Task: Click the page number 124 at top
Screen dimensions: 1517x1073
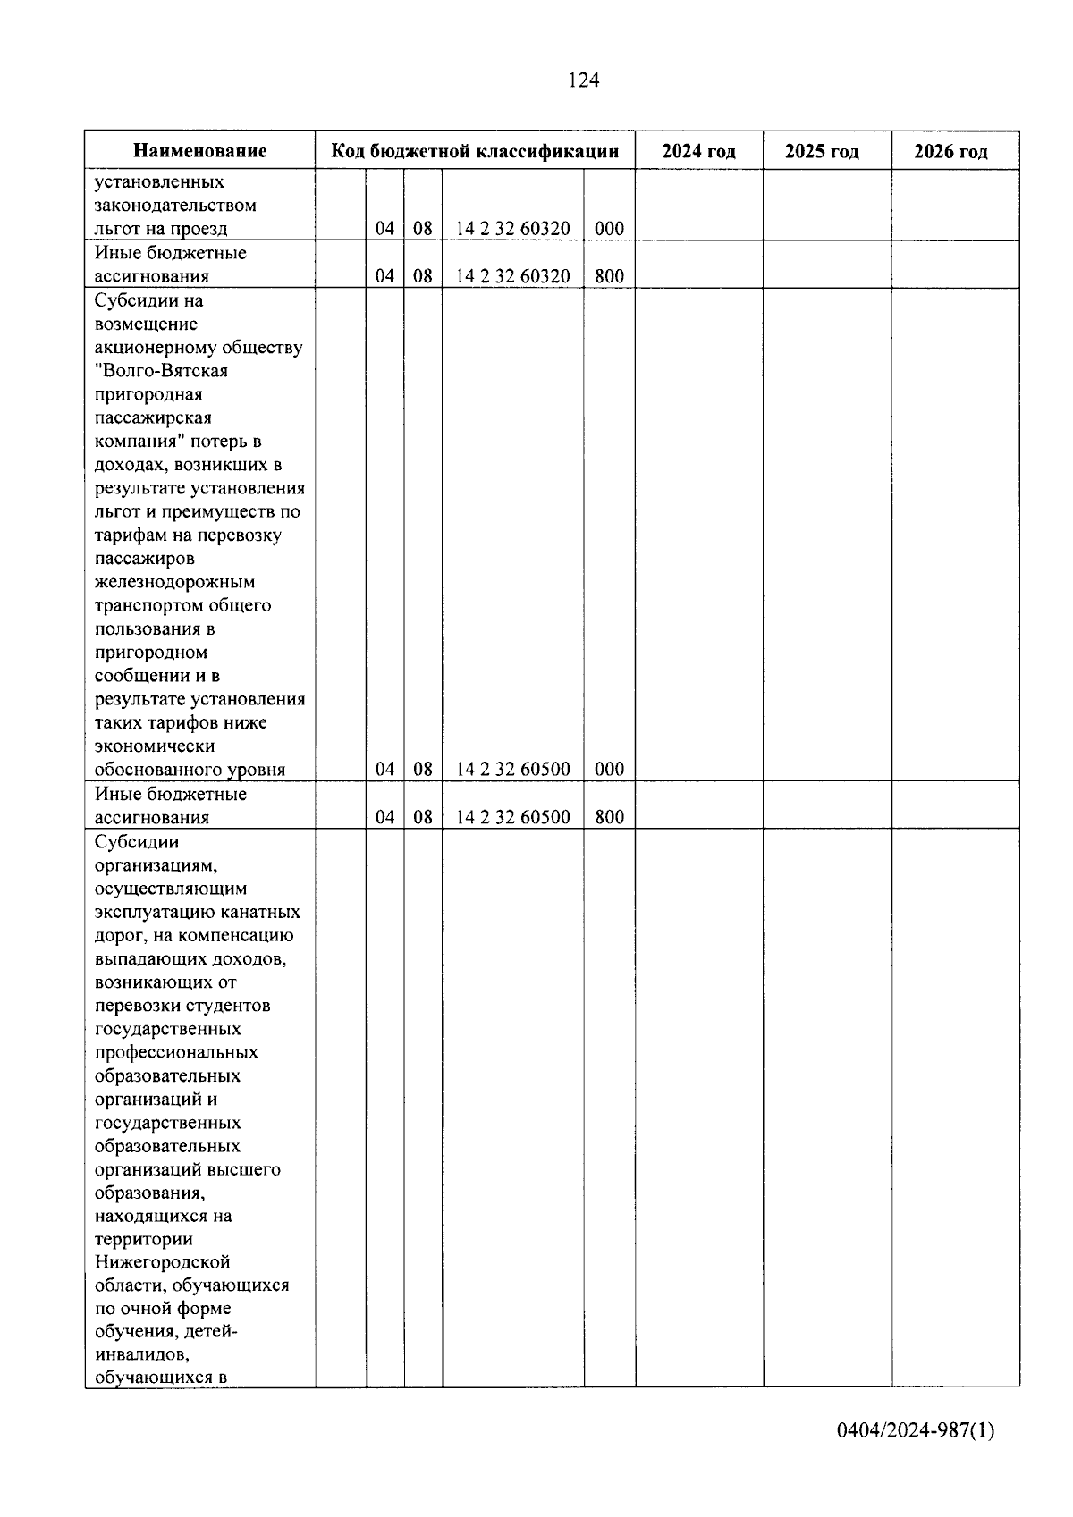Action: (583, 80)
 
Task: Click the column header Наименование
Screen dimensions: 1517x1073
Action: (200, 151)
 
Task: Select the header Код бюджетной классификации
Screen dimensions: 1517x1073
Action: (475, 151)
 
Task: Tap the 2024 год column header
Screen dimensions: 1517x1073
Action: (698, 151)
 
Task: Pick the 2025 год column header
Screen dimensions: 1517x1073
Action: (822, 151)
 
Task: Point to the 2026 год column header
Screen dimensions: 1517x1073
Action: (950, 151)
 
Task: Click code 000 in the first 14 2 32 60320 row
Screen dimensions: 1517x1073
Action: (609, 229)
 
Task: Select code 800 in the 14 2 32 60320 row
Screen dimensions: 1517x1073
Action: (609, 276)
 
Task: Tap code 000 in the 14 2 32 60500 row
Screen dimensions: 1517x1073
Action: (609, 770)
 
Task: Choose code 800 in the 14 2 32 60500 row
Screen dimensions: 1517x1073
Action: (609, 817)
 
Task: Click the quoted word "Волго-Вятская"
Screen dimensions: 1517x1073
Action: (161, 371)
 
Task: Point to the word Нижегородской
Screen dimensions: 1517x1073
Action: (162, 1262)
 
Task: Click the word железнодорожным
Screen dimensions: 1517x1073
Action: (174, 582)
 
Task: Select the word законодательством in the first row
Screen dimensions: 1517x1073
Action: (175, 206)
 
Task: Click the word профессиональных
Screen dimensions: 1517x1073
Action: (176, 1052)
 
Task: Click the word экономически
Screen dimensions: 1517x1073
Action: (154, 746)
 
